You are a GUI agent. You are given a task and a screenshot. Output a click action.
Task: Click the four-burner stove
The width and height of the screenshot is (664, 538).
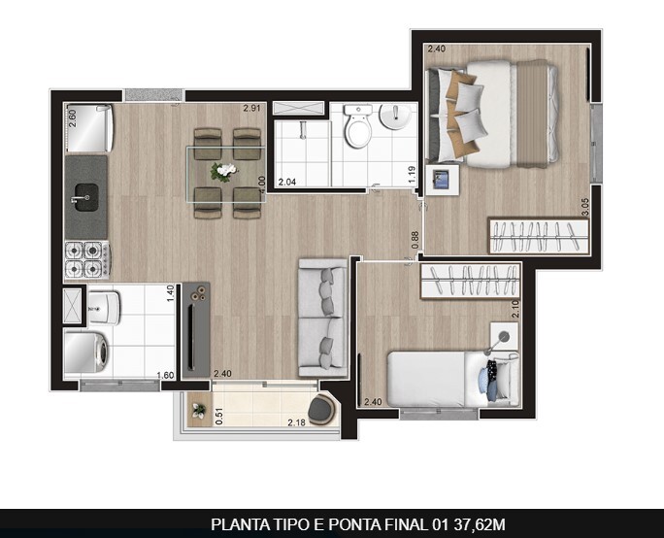tap(85, 258)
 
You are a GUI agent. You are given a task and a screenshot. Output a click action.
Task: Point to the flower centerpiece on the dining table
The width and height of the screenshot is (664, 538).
tap(225, 172)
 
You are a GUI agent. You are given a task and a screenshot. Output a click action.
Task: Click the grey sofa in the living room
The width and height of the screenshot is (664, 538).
tap(322, 317)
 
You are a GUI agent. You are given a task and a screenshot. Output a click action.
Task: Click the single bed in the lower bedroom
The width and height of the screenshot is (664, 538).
tap(450, 378)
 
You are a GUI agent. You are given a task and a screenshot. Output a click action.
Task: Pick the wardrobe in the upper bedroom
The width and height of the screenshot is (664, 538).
tap(540, 235)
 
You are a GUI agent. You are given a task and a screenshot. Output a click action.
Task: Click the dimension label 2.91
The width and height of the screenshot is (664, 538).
tap(252, 109)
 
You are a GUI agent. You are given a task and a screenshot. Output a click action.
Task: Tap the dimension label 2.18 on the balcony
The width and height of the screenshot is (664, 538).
tap(296, 422)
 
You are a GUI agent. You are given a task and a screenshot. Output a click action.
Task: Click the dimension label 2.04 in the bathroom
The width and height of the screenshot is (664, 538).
tap(287, 182)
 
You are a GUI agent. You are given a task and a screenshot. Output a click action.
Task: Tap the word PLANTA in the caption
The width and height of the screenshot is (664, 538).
tap(236, 524)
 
